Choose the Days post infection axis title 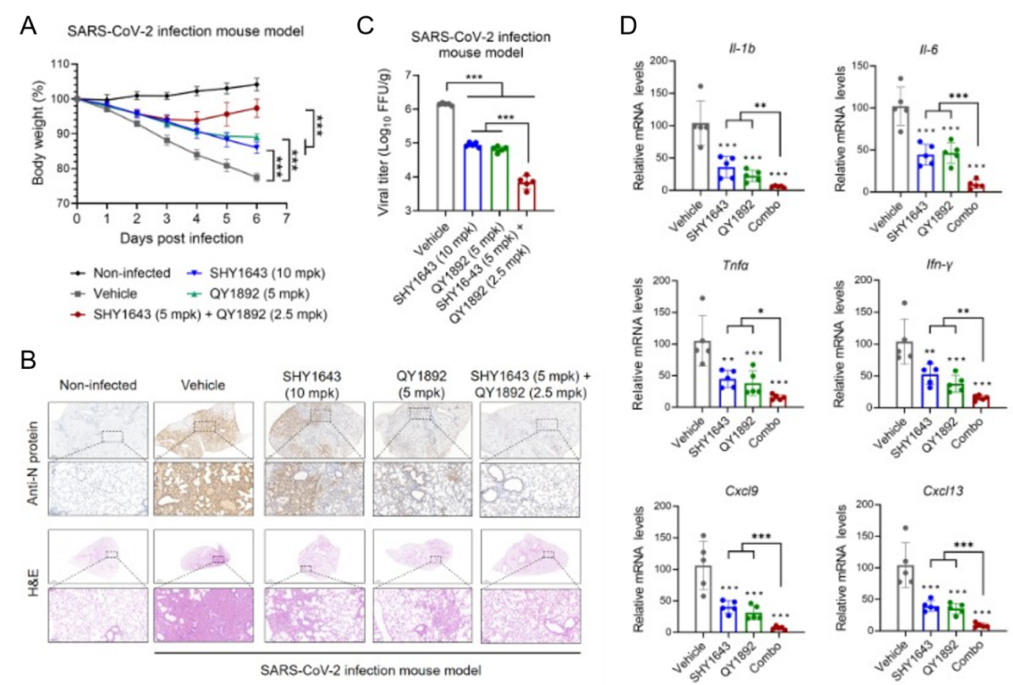181,236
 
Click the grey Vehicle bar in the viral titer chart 446,157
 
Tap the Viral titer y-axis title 387,142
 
